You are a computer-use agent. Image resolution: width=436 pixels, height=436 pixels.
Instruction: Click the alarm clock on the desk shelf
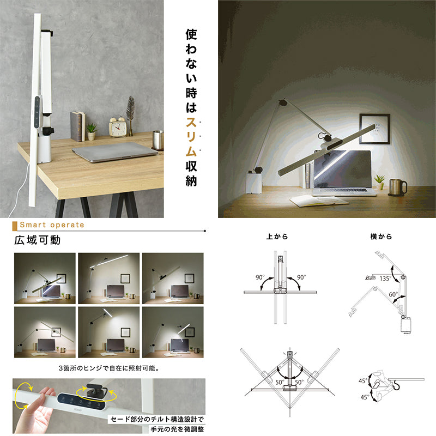coord(117,127)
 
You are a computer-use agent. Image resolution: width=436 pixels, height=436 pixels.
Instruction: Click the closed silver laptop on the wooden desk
coord(115,153)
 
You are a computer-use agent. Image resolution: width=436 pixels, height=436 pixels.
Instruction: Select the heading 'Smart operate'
coord(52,225)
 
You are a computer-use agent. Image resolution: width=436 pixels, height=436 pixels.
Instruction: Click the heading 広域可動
coord(38,240)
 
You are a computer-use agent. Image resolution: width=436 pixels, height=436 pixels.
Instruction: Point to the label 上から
coord(277,237)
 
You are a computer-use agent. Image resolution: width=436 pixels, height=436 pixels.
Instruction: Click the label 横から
coord(381,237)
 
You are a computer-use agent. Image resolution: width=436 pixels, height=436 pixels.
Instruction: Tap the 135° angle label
coord(385,278)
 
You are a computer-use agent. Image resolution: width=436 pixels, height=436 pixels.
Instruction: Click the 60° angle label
coord(393,294)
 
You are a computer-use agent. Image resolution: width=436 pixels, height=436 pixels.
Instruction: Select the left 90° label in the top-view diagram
coord(260,277)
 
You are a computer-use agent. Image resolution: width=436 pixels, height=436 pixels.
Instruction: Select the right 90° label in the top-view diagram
coord(301,277)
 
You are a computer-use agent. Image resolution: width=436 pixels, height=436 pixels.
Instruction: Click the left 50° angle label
coord(280,383)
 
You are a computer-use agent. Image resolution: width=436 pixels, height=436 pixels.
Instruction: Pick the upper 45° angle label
coord(363,380)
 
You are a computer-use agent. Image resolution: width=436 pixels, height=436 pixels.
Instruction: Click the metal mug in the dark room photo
coord(397,187)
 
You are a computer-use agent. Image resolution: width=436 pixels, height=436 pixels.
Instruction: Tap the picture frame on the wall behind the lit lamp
coord(374,129)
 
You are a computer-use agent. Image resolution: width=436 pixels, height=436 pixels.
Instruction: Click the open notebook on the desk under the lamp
coord(319,201)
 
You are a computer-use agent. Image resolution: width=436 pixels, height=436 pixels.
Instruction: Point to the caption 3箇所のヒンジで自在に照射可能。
coord(110,368)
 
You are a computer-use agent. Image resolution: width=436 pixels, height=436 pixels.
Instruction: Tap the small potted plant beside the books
coord(91,132)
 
